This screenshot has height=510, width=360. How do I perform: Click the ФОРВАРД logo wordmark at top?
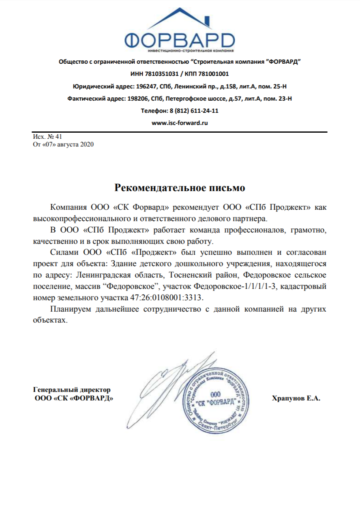180,40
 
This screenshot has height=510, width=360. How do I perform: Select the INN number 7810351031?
161,74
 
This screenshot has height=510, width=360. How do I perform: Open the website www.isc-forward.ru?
180,123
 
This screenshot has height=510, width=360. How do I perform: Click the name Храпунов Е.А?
296,398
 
